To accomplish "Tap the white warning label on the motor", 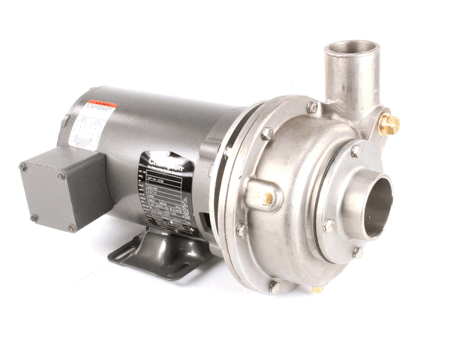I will pos(90,124).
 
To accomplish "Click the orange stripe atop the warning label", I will pos(100,106).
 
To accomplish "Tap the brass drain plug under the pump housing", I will pos(318,289).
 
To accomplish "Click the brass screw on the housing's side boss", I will pos(268,198).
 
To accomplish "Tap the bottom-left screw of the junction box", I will pos(33,217).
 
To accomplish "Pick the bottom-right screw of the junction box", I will pos(70,227).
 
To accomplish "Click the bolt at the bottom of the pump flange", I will pos(274,286).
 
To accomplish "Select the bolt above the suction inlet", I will pos(356,150).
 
